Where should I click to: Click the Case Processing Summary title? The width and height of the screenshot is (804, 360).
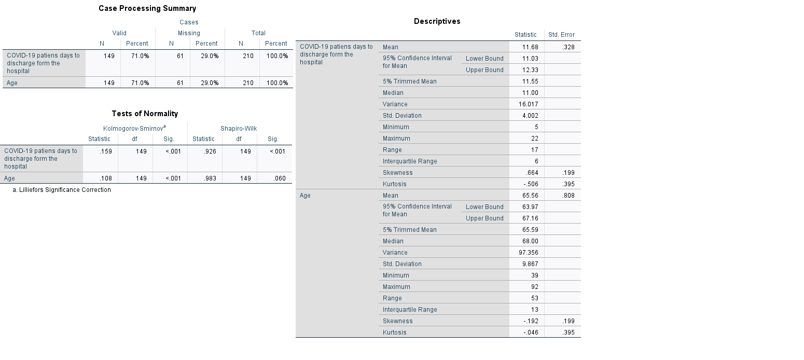147,8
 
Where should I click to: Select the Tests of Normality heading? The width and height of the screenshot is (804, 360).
145,114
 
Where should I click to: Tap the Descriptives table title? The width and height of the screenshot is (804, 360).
437,21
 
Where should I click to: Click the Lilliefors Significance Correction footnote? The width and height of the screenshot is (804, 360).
62,190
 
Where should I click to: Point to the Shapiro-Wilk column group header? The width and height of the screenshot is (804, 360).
238,129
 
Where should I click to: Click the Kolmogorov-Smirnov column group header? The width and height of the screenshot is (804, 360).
134,129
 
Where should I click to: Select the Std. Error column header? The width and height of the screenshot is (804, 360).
561,35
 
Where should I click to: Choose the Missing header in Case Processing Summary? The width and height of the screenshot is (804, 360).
189,33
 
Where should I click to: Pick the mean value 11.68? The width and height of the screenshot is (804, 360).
530,47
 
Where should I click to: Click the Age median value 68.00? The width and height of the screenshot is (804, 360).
530,241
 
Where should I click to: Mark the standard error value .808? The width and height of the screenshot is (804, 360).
569,196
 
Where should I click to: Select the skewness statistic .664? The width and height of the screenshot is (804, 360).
532,173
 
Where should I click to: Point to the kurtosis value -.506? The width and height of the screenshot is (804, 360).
531,184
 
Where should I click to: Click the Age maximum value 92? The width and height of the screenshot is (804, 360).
534,287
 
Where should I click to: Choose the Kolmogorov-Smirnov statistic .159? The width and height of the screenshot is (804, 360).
105,151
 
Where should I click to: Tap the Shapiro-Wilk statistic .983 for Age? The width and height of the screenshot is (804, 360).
209,178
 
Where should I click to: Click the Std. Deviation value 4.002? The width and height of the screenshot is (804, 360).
530,116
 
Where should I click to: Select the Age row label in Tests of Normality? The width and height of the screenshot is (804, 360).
10,178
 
